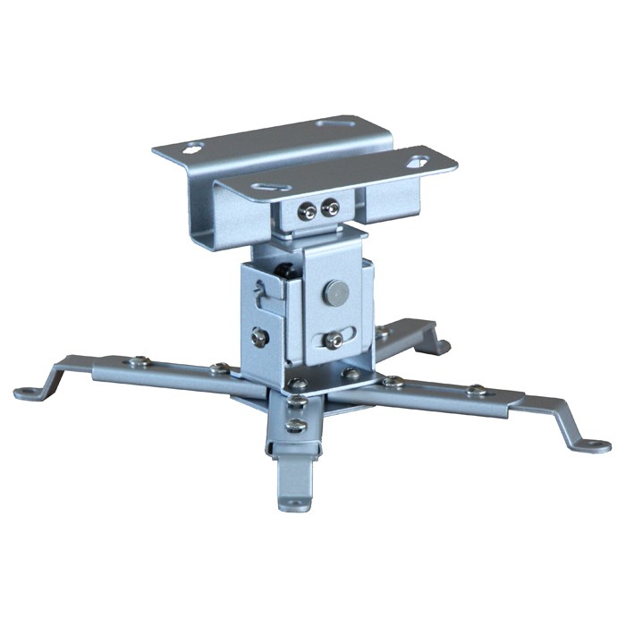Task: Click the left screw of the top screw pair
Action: click(308, 212)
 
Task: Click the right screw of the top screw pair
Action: click(331, 208)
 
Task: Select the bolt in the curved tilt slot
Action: click(334, 339)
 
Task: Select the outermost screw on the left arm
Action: click(139, 361)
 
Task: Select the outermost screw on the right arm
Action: click(477, 391)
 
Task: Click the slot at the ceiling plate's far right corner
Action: click(417, 162)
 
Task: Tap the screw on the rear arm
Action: click(382, 333)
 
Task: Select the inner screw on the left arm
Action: click(217, 368)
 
